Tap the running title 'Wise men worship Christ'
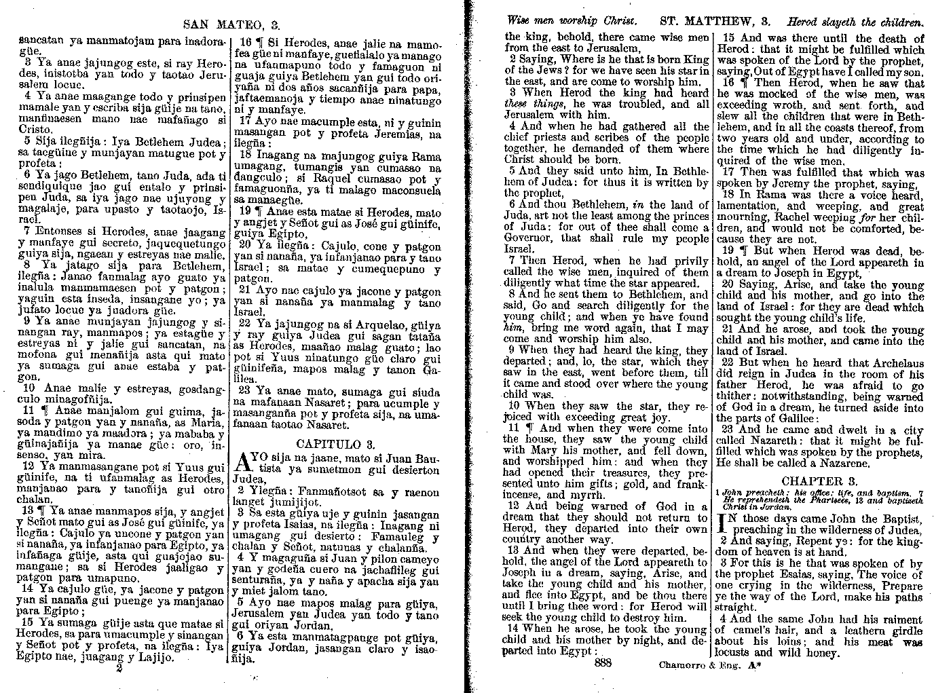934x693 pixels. click(569, 22)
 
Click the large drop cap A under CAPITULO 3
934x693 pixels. click(242, 464)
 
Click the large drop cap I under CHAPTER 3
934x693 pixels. click(723, 524)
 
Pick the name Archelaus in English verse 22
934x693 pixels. click(893, 363)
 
